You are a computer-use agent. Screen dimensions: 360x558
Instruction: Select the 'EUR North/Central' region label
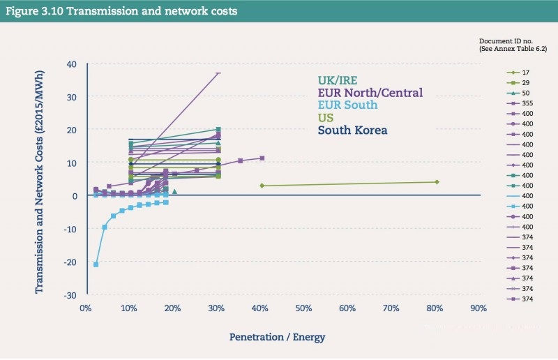tap(370, 92)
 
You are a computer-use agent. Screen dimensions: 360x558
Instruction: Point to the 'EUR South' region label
tap(347, 105)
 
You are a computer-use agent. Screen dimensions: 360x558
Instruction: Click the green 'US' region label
tap(326, 117)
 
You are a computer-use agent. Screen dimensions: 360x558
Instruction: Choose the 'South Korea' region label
tap(352, 130)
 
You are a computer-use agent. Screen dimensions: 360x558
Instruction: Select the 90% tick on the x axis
tap(478, 308)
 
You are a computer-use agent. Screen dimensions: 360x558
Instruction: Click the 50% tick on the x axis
tap(303, 308)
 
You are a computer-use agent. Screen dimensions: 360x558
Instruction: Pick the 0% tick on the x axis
tap(86, 308)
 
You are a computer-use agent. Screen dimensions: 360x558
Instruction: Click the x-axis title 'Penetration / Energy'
tap(277, 337)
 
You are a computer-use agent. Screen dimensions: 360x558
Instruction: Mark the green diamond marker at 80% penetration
tap(437, 182)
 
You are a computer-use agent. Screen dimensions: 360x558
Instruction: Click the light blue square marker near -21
tap(96, 264)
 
